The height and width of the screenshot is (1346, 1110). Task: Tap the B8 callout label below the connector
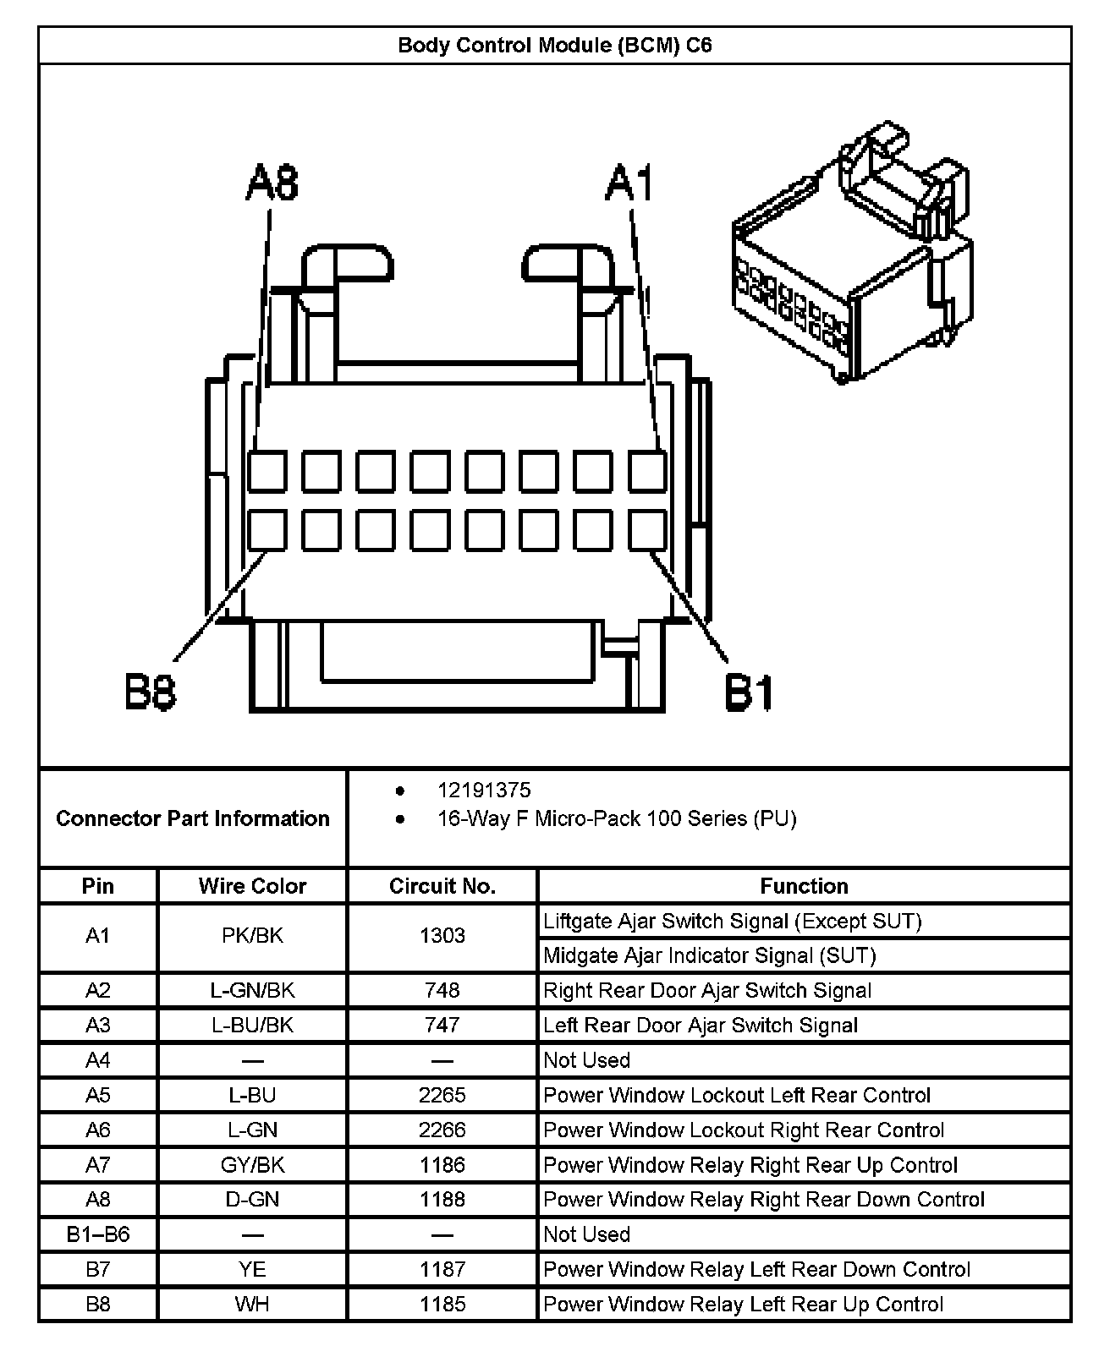coord(151,692)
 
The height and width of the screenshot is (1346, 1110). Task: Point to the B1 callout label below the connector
coord(750,692)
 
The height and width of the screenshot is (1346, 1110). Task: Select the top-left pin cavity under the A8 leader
coord(267,472)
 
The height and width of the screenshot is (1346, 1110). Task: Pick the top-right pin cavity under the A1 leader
coord(647,472)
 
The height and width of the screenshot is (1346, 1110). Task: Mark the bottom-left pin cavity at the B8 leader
coord(267,530)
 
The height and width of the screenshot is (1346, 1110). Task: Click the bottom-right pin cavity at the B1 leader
coord(647,530)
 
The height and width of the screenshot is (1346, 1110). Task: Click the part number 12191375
coord(484,791)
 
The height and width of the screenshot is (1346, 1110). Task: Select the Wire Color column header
coord(252,886)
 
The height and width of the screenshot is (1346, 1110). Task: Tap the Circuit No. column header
coord(442,886)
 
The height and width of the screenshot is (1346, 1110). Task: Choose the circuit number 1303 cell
coord(442,936)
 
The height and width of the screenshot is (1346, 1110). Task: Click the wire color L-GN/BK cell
coord(252,990)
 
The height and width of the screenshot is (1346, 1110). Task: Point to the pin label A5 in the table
coord(98,1095)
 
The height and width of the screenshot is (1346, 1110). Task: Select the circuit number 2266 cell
coord(442,1130)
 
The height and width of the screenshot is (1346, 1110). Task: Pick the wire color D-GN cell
coord(252,1199)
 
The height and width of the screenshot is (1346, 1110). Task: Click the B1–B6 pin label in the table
coord(98,1234)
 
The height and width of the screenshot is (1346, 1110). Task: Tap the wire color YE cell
coord(252,1269)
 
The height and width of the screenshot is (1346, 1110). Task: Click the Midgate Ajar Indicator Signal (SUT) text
coord(709,955)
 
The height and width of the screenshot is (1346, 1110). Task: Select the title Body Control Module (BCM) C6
coord(555,45)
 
